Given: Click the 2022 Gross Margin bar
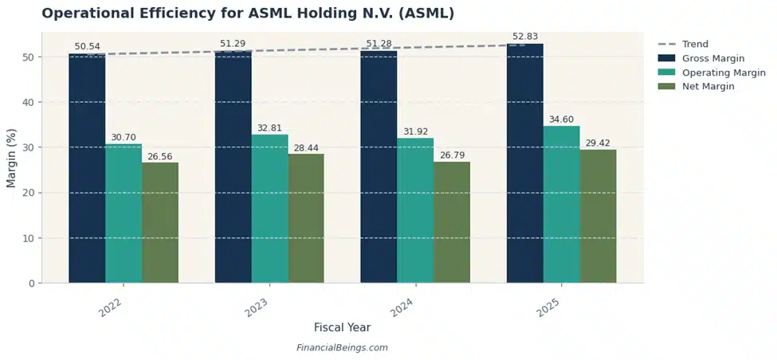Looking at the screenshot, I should (x=87, y=168).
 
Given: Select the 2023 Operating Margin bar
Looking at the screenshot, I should (x=269, y=209).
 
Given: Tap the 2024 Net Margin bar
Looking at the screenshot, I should (x=452, y=222).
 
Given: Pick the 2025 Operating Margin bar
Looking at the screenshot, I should (x=561, y=205).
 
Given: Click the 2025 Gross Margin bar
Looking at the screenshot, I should (x=524, y=163).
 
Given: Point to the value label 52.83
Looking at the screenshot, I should (x=524, y=37).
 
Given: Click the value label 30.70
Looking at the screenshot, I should (x=124, y=137).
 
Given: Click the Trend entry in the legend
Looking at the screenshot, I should (x=694, y=45).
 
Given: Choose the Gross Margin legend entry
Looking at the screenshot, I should (x=712, y=59).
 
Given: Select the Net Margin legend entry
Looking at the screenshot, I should (x=708, y=86).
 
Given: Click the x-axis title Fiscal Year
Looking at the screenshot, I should (x=342, y=327).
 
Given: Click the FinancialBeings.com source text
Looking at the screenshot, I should (x=342, y=348).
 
